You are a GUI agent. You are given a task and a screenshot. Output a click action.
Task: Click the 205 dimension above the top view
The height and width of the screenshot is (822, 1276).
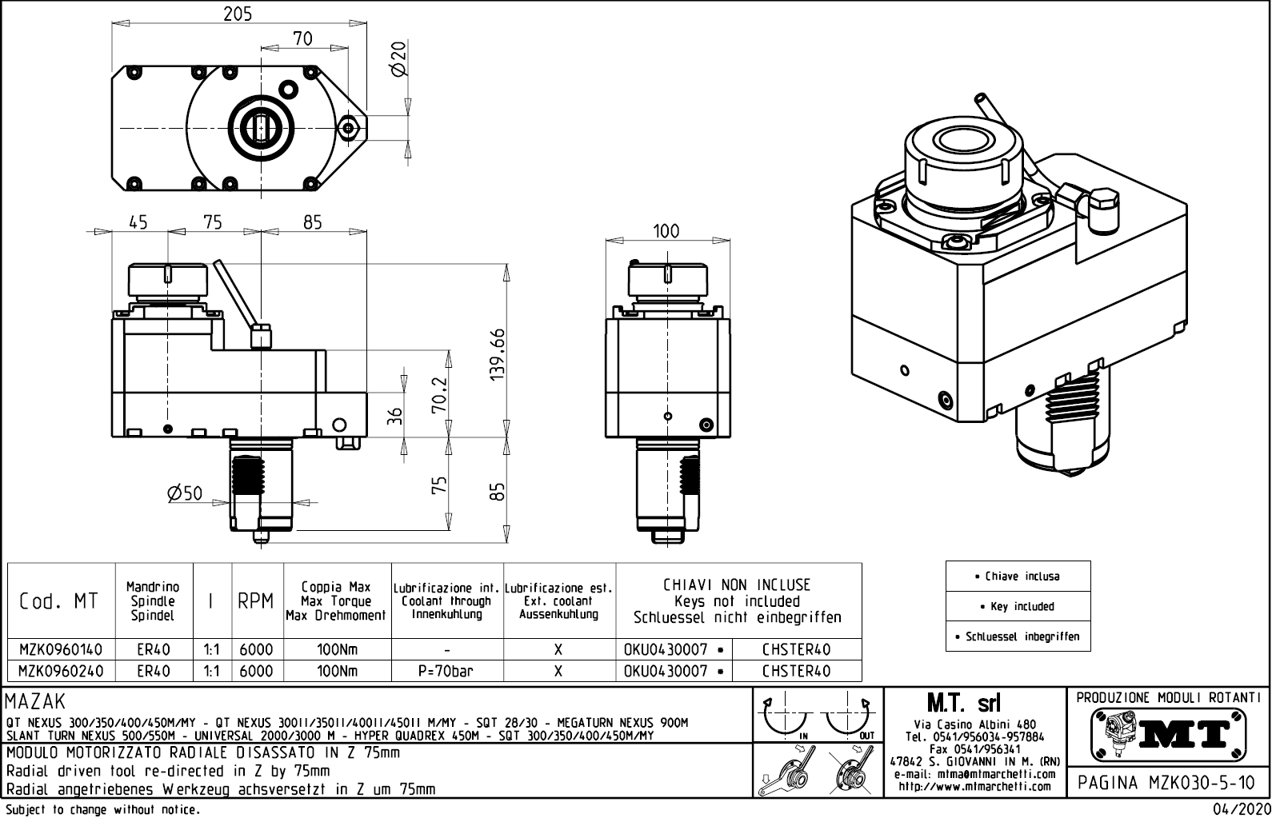click(x=238, y=14)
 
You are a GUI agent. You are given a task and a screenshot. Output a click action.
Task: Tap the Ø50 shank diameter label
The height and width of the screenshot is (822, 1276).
click(x=185, y=493)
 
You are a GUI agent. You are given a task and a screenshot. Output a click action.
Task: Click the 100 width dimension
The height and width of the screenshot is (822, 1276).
click(x=666, y=231)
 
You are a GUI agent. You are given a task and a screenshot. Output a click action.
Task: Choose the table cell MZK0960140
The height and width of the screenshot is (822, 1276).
click(x=61, y=649)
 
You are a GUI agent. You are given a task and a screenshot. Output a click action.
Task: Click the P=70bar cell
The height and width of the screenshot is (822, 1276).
click(x=446, y=671)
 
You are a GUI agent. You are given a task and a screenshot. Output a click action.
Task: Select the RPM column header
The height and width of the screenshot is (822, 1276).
click(x=256, y=601)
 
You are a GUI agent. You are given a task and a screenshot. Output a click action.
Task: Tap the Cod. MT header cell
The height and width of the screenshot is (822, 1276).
click(x=59, y=601)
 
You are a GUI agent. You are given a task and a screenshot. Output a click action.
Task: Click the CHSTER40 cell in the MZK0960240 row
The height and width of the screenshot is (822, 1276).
click(x=796, y=671)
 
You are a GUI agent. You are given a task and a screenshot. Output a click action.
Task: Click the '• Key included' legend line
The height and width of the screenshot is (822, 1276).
click(x=1018, y=606)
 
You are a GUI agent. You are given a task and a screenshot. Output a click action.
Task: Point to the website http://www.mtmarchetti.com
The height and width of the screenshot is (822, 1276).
click(x=974, y=787)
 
